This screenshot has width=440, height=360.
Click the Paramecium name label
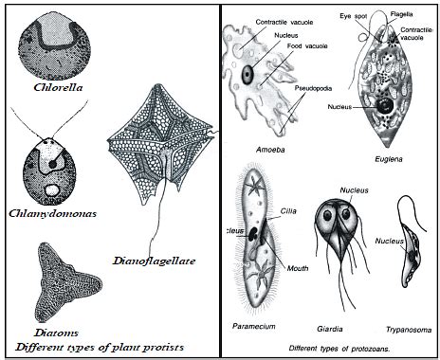(253, 326)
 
